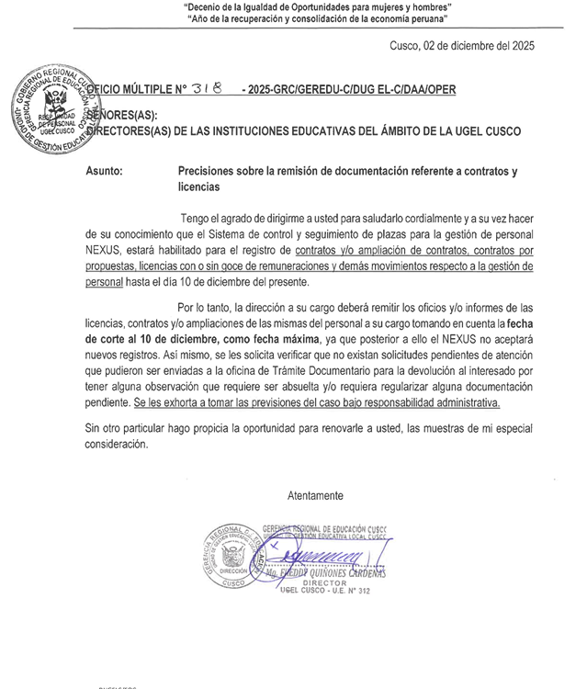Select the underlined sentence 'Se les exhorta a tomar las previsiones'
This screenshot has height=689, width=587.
pyautogui.click(x=316, y=403)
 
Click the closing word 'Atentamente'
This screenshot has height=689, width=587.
pyautogui.click(x=315, y=496)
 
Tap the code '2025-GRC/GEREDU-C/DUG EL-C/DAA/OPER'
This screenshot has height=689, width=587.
pyautogui.click(x=348, y=90)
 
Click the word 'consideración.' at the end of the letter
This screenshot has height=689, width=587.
pyautogui.click(x=116, y=444)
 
